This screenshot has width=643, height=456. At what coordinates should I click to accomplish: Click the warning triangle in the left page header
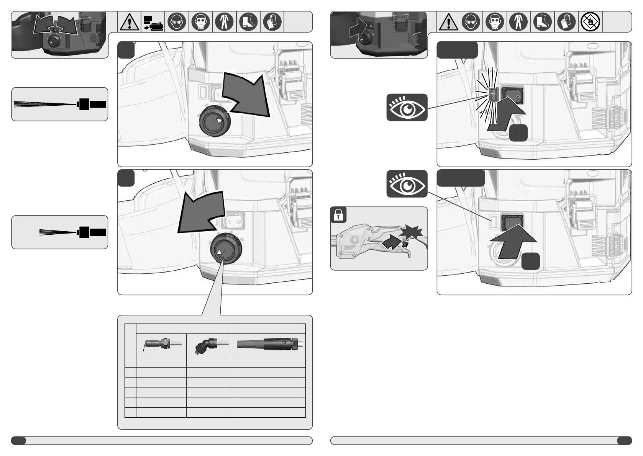click(x=130, y=22)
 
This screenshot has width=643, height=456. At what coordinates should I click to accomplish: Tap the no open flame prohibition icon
click(x=589, y=22)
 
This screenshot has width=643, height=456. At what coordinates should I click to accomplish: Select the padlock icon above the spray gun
click(x=338, y=215)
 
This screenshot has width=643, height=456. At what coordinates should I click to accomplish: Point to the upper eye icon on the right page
click(x=407, y=108)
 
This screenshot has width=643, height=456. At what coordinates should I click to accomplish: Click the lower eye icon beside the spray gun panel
click(x=407, y=184)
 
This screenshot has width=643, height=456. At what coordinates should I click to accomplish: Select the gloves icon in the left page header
click(x=272, y=22)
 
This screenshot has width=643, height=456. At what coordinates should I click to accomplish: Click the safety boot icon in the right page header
click(x=542, y=22)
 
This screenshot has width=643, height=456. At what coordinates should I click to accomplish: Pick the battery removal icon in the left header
click(x=153, y=22)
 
